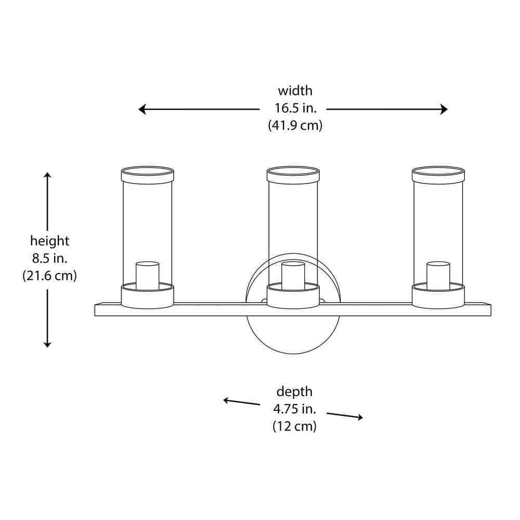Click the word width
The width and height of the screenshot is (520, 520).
click(295, 90)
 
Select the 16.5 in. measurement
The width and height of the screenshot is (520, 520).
click(295, 108)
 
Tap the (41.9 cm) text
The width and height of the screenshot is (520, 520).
click(295, 125)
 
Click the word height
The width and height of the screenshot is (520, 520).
click(49, 241)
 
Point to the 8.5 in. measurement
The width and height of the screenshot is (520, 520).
click(49, 258)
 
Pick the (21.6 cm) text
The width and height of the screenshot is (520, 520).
click(49, 276)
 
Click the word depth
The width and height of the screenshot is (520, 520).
click(294, 392)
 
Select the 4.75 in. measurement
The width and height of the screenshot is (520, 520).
click(294, 409)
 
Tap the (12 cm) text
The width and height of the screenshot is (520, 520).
click(294, 426)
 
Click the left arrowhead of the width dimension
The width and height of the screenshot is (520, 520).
click(141, 109)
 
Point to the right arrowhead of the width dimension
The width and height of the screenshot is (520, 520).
click(444, 109)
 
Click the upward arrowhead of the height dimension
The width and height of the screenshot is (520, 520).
click(47, 175)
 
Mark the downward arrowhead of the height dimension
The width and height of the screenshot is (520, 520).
click(47, 344)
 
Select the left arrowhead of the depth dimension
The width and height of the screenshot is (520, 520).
click(226, 400)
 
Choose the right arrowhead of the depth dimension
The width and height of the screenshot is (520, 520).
click(359, 417)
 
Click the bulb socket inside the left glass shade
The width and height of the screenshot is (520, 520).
click(147, 275)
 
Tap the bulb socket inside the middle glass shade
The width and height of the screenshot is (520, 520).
click(293, 275)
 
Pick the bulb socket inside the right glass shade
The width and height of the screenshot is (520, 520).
click(438, 275)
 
